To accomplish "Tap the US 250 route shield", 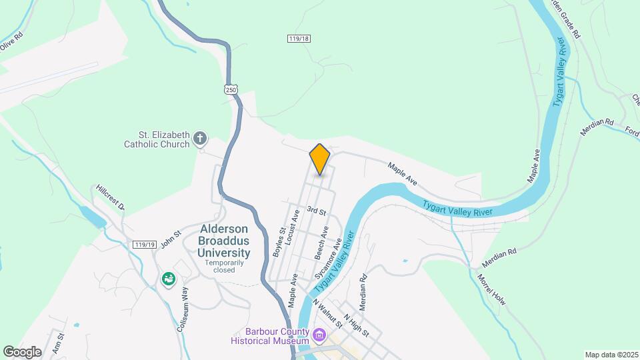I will pyautogui.click(x=231, y=89).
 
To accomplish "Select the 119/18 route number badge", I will pyautogui.click(x=299, y=39).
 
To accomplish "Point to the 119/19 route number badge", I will pyautogui.click(x=144, y=245).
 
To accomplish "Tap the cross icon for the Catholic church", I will pyautogui.click(x=199, y=139).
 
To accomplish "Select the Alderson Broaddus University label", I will pyautogui.click(x=225, y=241).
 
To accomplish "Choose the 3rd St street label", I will pyautogui.click(x=316, y=211).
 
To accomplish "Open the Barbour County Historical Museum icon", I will pyautogui.click(x=319, y=334).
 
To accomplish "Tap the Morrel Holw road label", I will pyautogui.click(x=491, y=290).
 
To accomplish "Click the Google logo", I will pyautogui.click(x=22, y=351).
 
